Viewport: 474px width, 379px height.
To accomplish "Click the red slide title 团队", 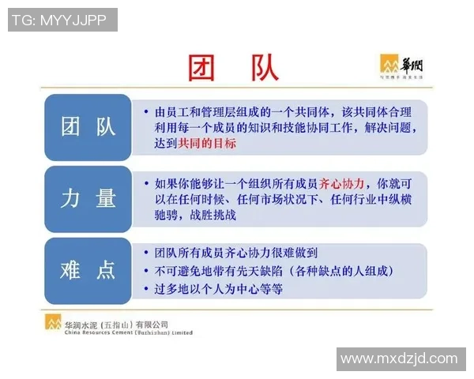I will click(x=233, y=68).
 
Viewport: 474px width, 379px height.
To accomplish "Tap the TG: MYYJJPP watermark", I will click(x=62, y=20).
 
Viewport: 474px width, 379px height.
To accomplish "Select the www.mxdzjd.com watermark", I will click(x=399, y=359).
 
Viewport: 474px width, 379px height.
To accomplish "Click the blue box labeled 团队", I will click(x=88, y=126).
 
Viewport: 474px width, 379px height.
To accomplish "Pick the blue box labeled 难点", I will click(x=88, y=272).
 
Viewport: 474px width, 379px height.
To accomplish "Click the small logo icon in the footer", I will click(x=54, y=323).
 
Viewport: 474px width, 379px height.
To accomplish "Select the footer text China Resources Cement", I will click(x=126, y=332).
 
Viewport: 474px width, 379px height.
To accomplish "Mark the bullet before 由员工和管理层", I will click(x=147, y=111).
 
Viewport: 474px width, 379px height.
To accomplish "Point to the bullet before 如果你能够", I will click(x=147, y=182).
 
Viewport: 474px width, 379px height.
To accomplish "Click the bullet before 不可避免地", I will click(x=147, y=272).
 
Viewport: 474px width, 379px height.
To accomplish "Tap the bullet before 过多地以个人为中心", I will click(x=147, y=290).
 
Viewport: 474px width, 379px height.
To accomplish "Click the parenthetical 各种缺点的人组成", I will click(x=332, y=272).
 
